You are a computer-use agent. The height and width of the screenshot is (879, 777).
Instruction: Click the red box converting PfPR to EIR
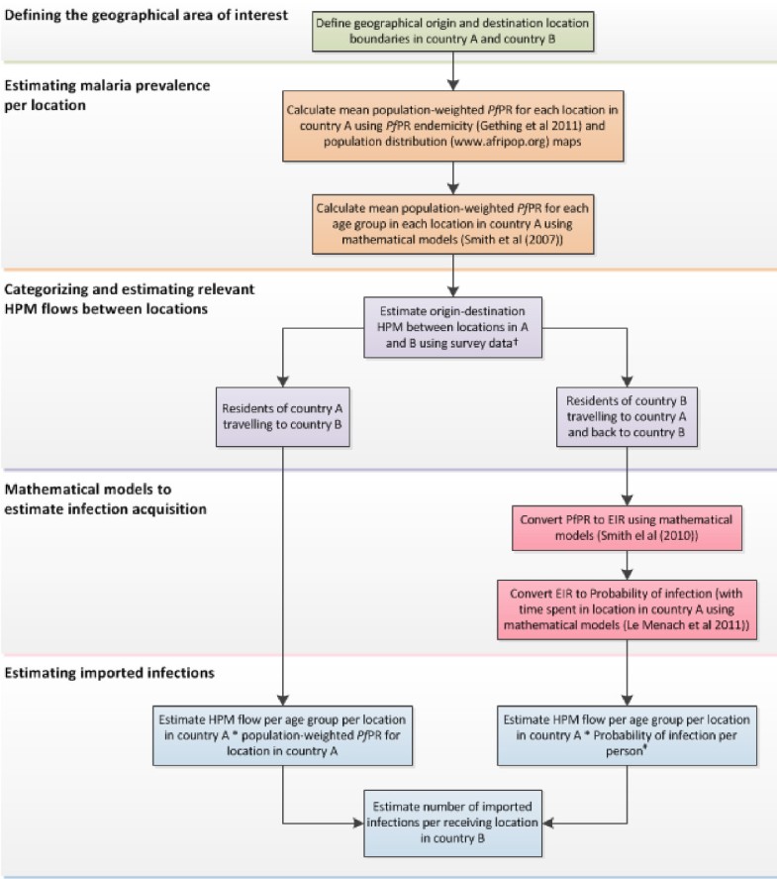point(625,525)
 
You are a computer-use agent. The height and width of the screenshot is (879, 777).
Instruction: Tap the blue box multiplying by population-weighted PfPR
point(284,736)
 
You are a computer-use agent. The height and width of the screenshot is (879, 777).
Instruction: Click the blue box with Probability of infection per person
point(625,735)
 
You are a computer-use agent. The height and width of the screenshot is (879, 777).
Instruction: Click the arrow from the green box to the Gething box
point(452,70)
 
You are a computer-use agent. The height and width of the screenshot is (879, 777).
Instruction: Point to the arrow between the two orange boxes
point(452,175)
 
